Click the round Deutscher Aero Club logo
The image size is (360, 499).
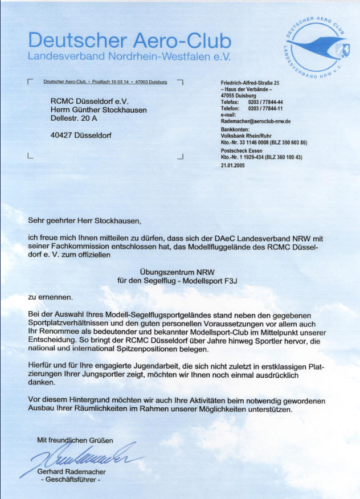coord(318,48)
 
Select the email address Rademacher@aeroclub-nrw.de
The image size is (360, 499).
coord(256,121)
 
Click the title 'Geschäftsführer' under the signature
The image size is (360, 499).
coord(71,480)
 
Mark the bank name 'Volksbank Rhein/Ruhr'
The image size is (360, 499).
coord(246,136)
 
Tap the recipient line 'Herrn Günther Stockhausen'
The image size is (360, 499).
coord(99,110)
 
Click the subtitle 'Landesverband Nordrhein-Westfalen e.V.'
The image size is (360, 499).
coord(129,57)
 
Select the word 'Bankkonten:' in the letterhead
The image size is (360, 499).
coord(235,129)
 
